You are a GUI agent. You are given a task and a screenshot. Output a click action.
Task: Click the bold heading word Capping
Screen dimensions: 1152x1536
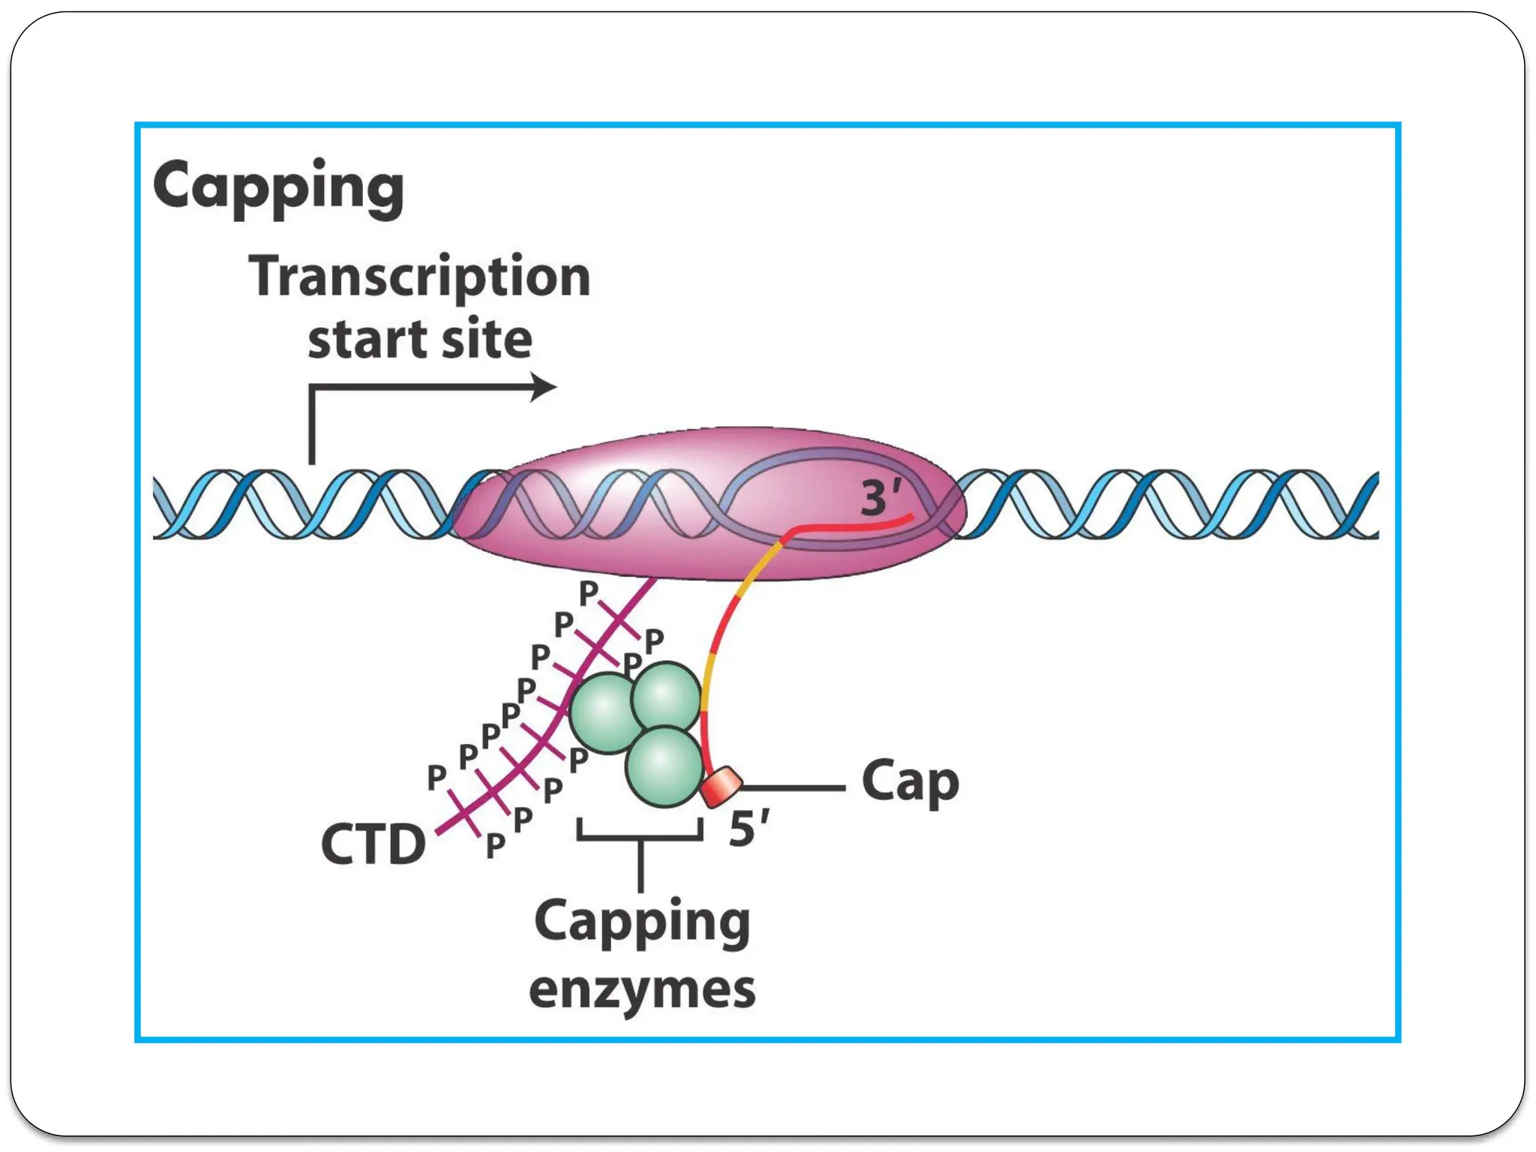[x=278, y=187]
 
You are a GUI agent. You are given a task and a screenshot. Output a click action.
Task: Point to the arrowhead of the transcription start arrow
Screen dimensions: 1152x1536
[x=546, y=387]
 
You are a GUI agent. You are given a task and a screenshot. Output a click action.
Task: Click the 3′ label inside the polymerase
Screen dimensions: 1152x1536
[x=880, y=497]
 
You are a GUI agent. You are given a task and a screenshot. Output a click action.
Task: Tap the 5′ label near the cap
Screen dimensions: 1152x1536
[x=748, y=829]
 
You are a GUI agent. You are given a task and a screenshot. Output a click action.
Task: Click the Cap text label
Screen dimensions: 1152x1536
[x=910, y=782]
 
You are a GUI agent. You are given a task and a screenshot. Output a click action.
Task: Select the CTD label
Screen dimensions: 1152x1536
[x=373, y=844]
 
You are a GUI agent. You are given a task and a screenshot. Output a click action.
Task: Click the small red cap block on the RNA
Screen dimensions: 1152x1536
[x=721, y=786]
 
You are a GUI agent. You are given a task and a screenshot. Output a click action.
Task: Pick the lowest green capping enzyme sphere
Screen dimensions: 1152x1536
[x=664, y=766]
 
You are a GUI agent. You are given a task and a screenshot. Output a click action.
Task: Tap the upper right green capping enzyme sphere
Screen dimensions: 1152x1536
[x=666, y=696]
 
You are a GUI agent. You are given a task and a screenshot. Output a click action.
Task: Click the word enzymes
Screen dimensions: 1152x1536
[x=642, y=990]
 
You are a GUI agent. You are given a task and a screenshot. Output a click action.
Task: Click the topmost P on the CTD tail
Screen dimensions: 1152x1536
[x=589, y=592]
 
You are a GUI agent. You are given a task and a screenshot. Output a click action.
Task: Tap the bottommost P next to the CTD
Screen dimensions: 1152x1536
[x=495, y=846]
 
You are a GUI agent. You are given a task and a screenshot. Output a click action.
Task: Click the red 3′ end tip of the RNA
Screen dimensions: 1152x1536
[x=910, y=516]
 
